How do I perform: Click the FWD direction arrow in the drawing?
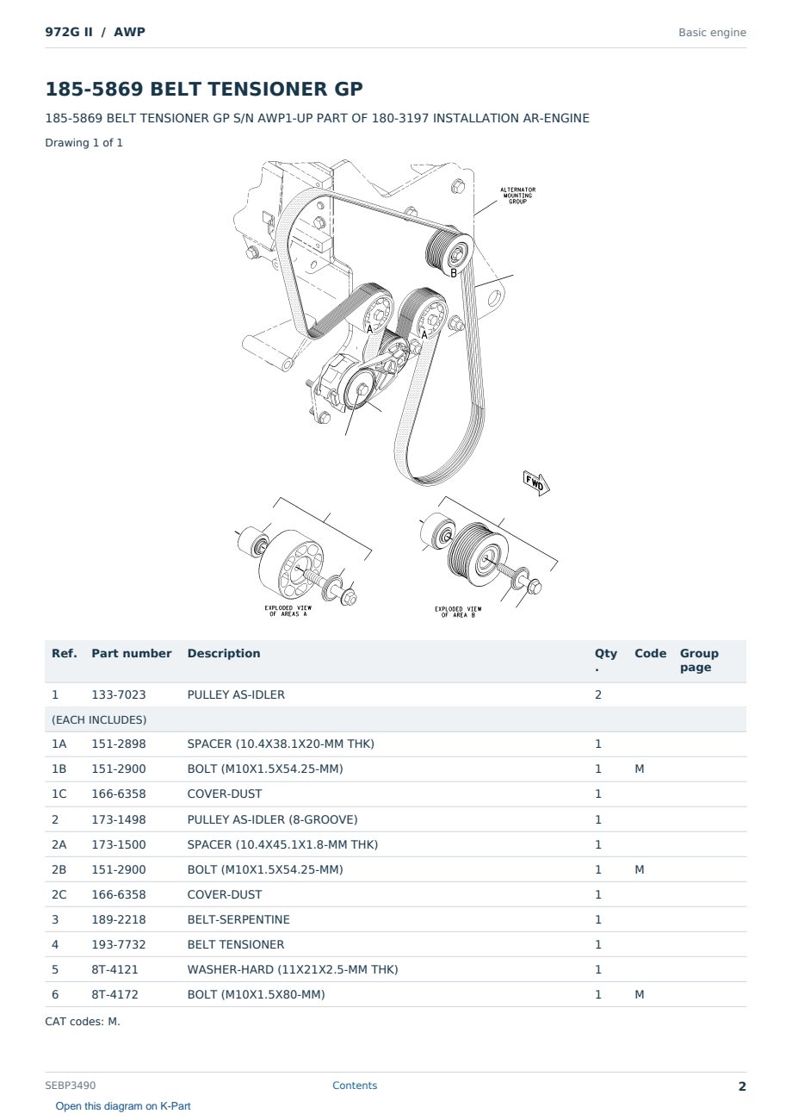[536, 483]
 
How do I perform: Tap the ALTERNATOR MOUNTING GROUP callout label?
[517, 196]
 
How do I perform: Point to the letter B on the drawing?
[454, 273]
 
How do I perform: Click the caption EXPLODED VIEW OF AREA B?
[458, 612]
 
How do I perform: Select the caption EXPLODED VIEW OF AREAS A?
[288, 611]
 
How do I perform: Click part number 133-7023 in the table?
[119, 694]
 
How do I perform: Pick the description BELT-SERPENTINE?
[238, 919]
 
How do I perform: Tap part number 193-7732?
[119, 944]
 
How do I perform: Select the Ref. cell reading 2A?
[59, 844]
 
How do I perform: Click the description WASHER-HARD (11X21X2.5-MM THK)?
[293, 969]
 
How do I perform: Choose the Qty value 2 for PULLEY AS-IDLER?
[598, 694]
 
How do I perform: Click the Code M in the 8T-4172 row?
[639, 994]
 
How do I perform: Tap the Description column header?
[223, 653]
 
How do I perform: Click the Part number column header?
[132, 653]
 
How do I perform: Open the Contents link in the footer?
[355, 1086]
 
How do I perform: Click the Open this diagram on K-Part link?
[123, 1106]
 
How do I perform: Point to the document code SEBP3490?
[71, 1086]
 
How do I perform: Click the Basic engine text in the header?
[712, 33]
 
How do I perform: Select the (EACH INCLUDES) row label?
[99, 719]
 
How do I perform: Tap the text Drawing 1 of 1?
[84, 142]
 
